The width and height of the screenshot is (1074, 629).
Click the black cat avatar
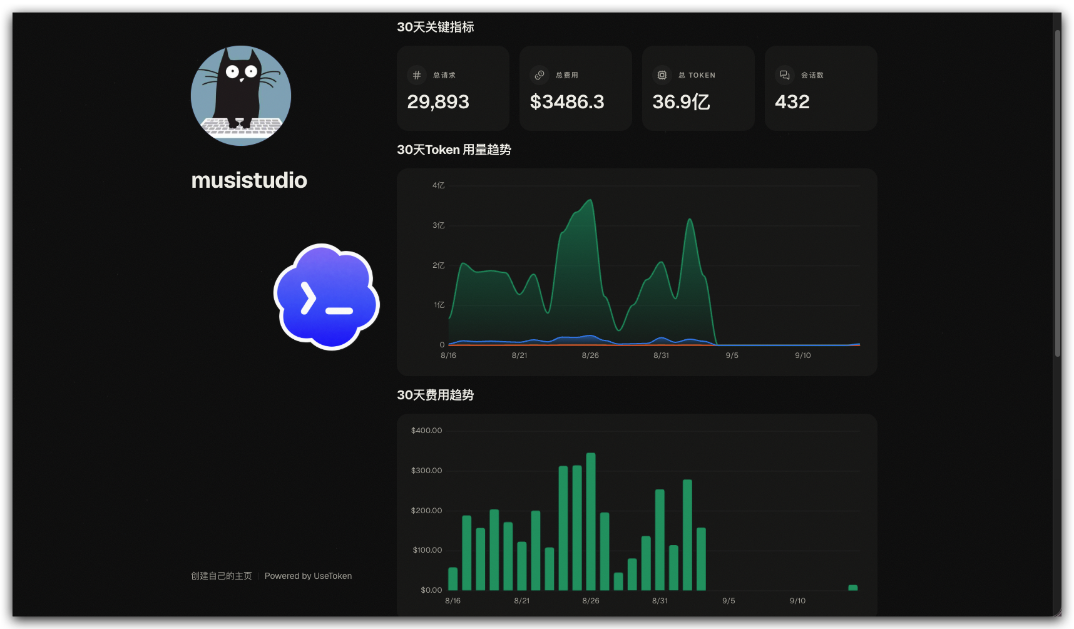click(x=241, y=96)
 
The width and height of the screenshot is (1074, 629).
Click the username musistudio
click(x=249, y=180)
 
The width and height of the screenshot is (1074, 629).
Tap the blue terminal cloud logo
click(x=327, y=297)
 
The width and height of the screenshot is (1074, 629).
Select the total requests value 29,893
click(x=438, y=101)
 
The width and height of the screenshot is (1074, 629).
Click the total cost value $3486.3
click(x=567, y=101)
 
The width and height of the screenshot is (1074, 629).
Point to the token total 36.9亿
click(x=681, y=101)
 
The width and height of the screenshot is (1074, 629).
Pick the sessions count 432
click(x=792, y=101)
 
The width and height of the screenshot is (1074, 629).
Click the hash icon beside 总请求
click(x=417, y=75)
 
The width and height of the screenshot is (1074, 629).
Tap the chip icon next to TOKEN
click(x=662, y=75)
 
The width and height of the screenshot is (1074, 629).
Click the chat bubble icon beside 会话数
click(x=785, y=75)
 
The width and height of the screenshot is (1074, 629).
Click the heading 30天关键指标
click(x=436, y=27)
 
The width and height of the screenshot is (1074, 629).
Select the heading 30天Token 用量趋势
click(x=454, y=150)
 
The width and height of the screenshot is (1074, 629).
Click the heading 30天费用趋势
click(x=436, y=395)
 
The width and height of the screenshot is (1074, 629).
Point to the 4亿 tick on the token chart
click(x=438, y=185)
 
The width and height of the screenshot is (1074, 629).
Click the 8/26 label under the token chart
click(x=590, y=355)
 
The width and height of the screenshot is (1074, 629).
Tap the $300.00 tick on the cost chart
click(x=426, y=471)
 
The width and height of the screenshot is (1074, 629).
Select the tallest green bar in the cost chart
click(x=591, y=521)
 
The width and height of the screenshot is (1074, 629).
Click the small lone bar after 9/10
click(x=853, y=588)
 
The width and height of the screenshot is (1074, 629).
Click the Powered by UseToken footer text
click(x=308, y=576)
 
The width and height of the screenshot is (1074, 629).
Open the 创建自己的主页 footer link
click(x=222, y=576)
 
